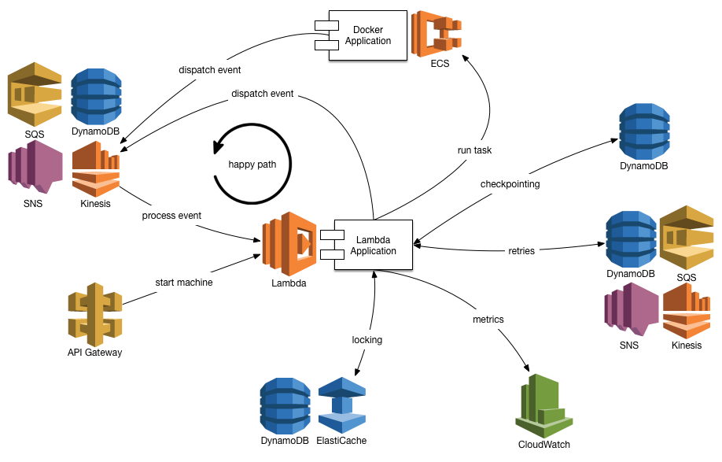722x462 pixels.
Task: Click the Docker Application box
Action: (367, 35)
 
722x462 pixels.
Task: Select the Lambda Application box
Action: (373, 245)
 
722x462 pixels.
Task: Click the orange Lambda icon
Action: (289, 243)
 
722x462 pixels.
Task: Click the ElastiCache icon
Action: (341, 405)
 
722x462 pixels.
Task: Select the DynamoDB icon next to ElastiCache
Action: (285, 405)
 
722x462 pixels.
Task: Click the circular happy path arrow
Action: (252, 164)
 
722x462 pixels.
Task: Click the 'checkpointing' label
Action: (510, 183)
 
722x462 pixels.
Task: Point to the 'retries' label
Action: (521, 251)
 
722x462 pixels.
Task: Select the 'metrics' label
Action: (488, 320)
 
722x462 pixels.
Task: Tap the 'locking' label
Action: (367, 340)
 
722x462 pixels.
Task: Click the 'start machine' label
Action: (184, 283)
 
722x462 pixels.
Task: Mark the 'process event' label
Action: (171, 216)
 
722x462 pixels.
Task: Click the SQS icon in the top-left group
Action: (34, 98)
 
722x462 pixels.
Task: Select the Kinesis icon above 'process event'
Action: (95, 172)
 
